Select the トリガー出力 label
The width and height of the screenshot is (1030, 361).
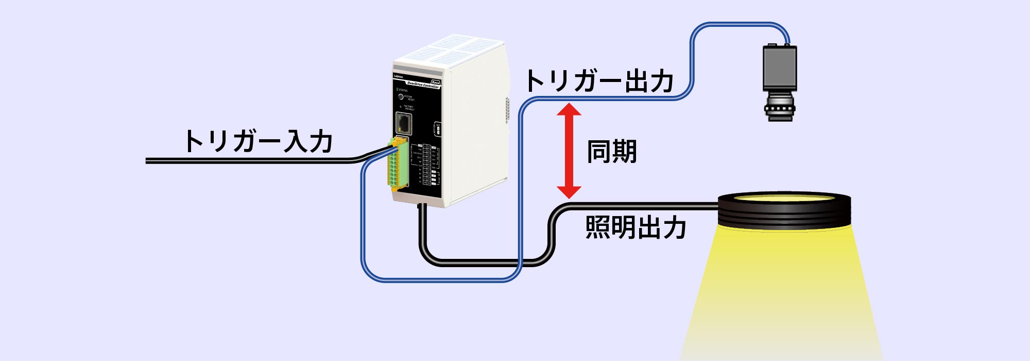coord(599,81)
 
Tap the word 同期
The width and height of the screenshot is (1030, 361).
coord(612,152)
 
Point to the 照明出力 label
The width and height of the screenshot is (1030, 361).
coord(636,228)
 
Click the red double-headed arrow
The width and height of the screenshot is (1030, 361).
coord(569,151)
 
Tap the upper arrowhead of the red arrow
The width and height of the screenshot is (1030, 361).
coord(569,109)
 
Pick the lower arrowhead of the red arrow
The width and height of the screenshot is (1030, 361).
coord(569,192)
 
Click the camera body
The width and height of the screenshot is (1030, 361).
coord(779,68)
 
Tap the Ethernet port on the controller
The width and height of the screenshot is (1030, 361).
coord(404,124)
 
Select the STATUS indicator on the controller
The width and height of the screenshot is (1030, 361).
coord(398,90)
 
